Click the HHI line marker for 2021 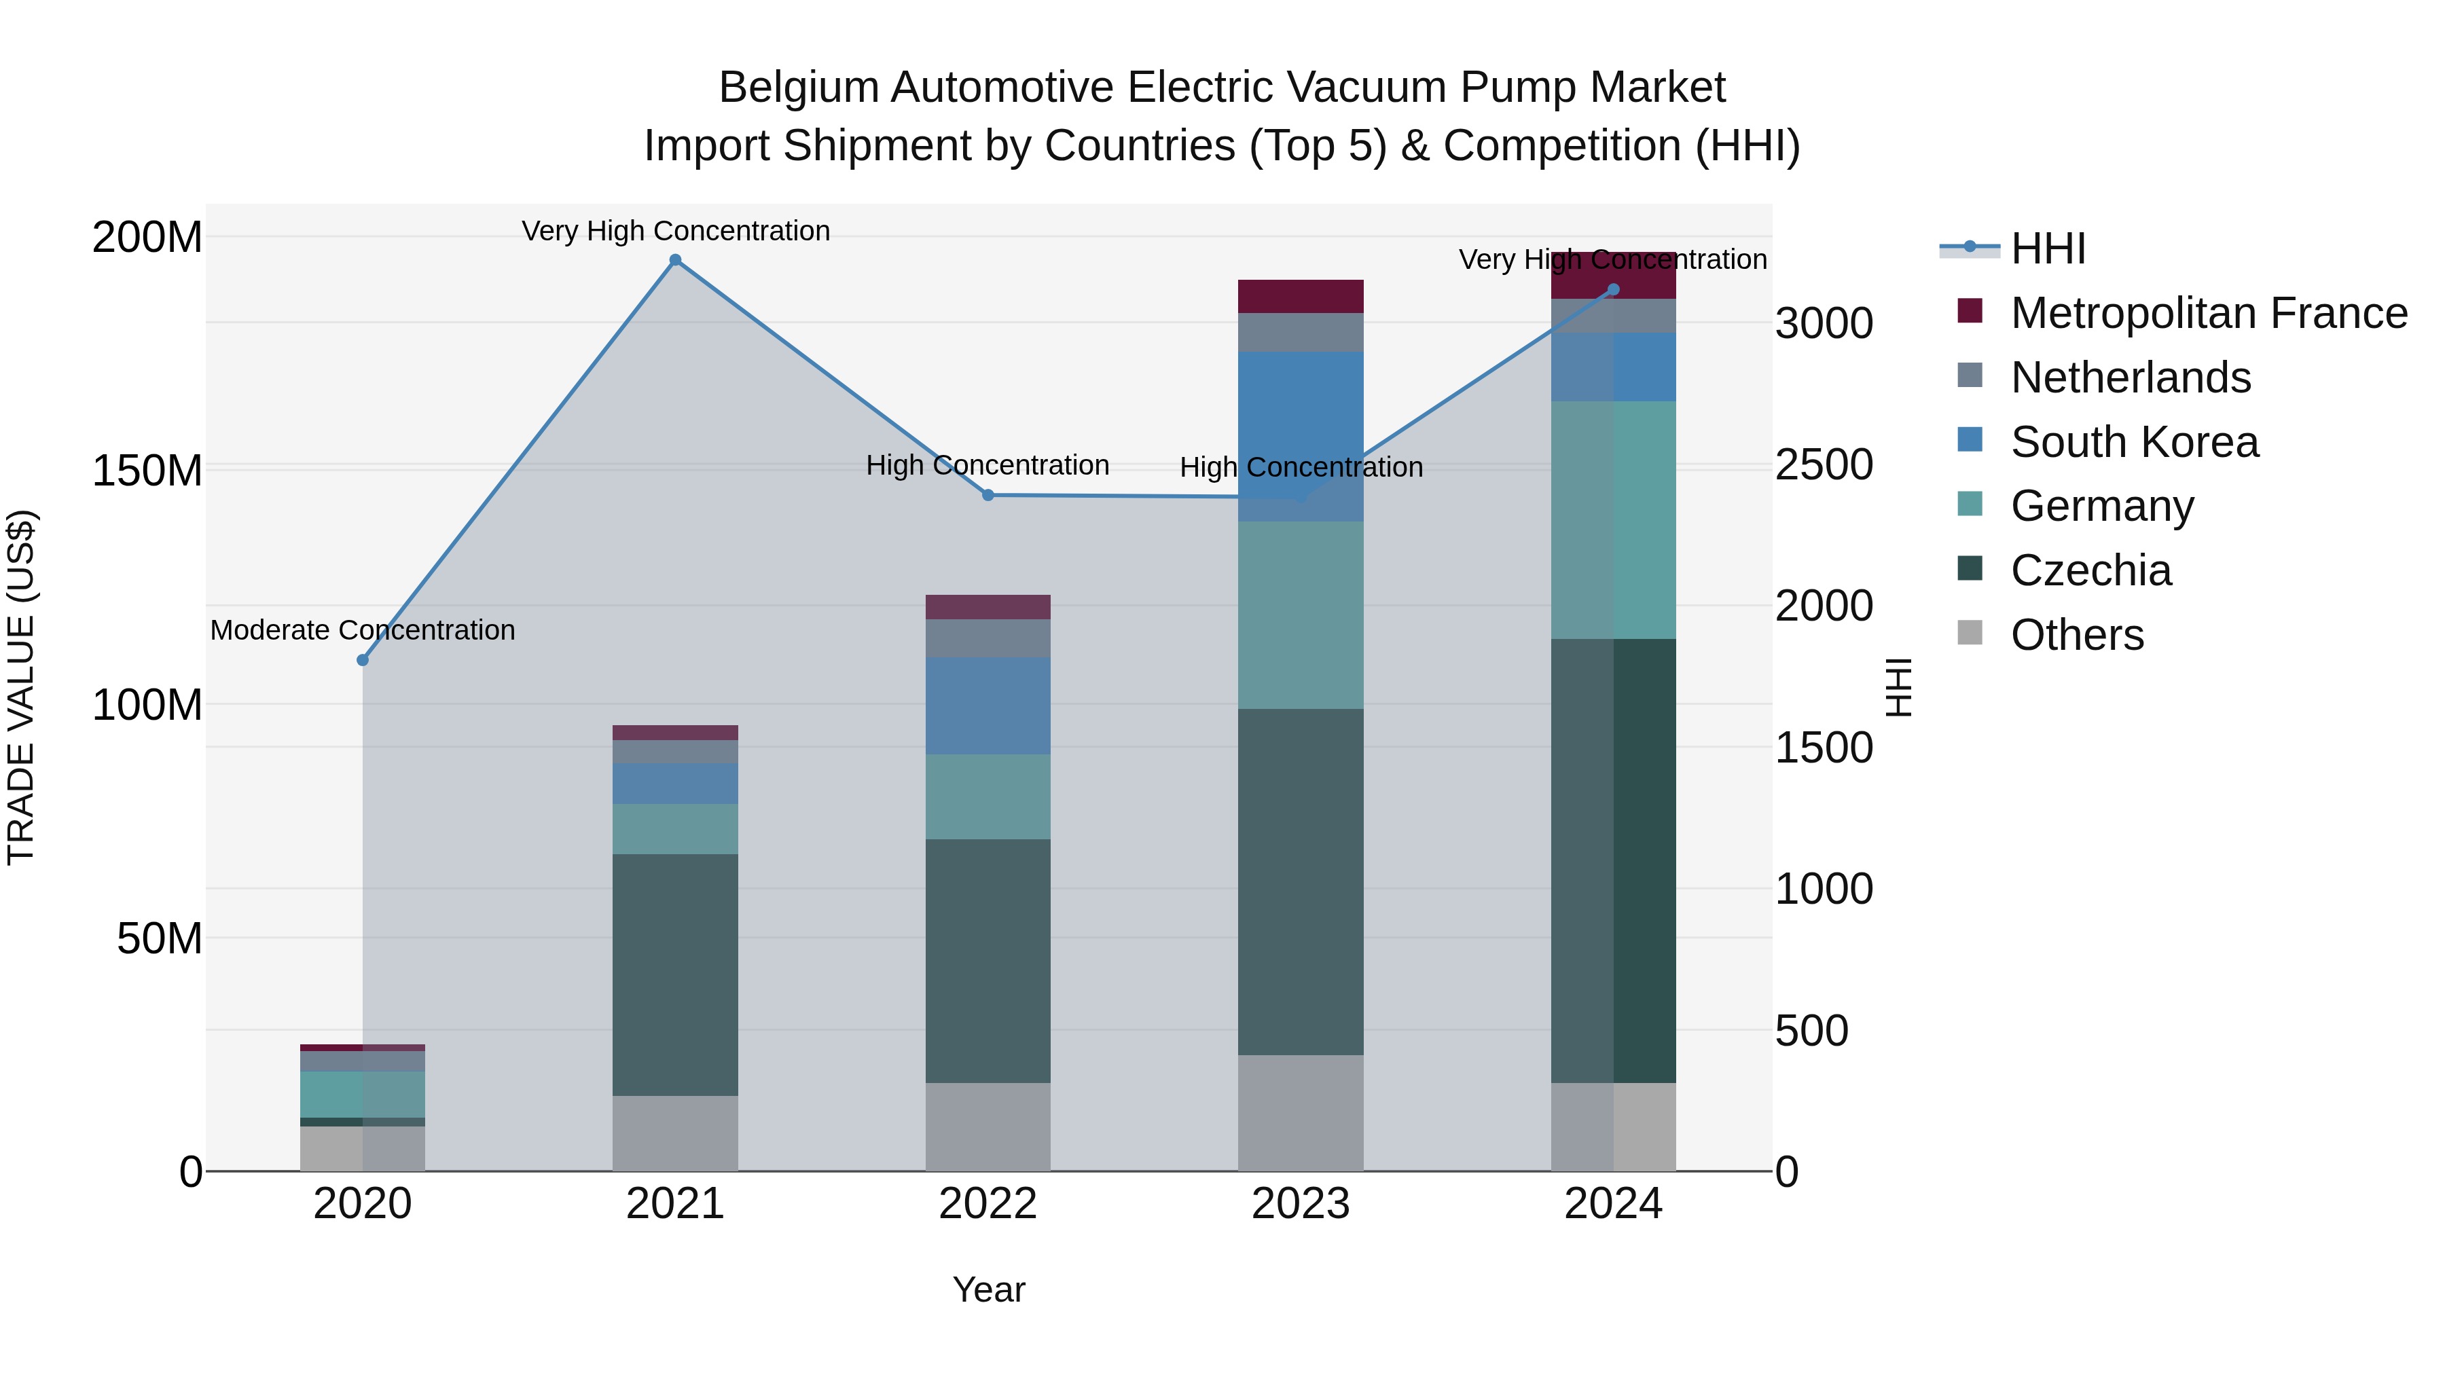(675, 260)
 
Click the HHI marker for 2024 (1614, 289)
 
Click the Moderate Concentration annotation (363, 630)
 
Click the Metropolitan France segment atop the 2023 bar (1301, 296)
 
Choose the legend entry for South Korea (2134, 442)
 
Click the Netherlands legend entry (2130, 378)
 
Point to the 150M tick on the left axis (147, 471)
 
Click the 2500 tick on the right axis (1824, 465)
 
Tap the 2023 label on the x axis (1301, 1204)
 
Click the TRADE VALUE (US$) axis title (21, 687)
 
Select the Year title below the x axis (988, 1289)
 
